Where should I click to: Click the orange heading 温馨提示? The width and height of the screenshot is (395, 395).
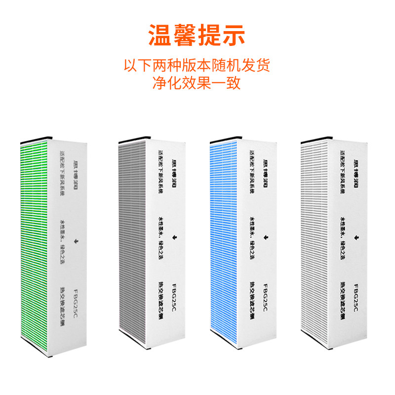point(197,36)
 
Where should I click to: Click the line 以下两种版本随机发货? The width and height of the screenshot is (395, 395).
point(197,65)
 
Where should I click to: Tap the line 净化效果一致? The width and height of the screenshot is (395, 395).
point(197,82)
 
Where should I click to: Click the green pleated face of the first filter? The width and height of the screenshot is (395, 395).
point(35,247)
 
